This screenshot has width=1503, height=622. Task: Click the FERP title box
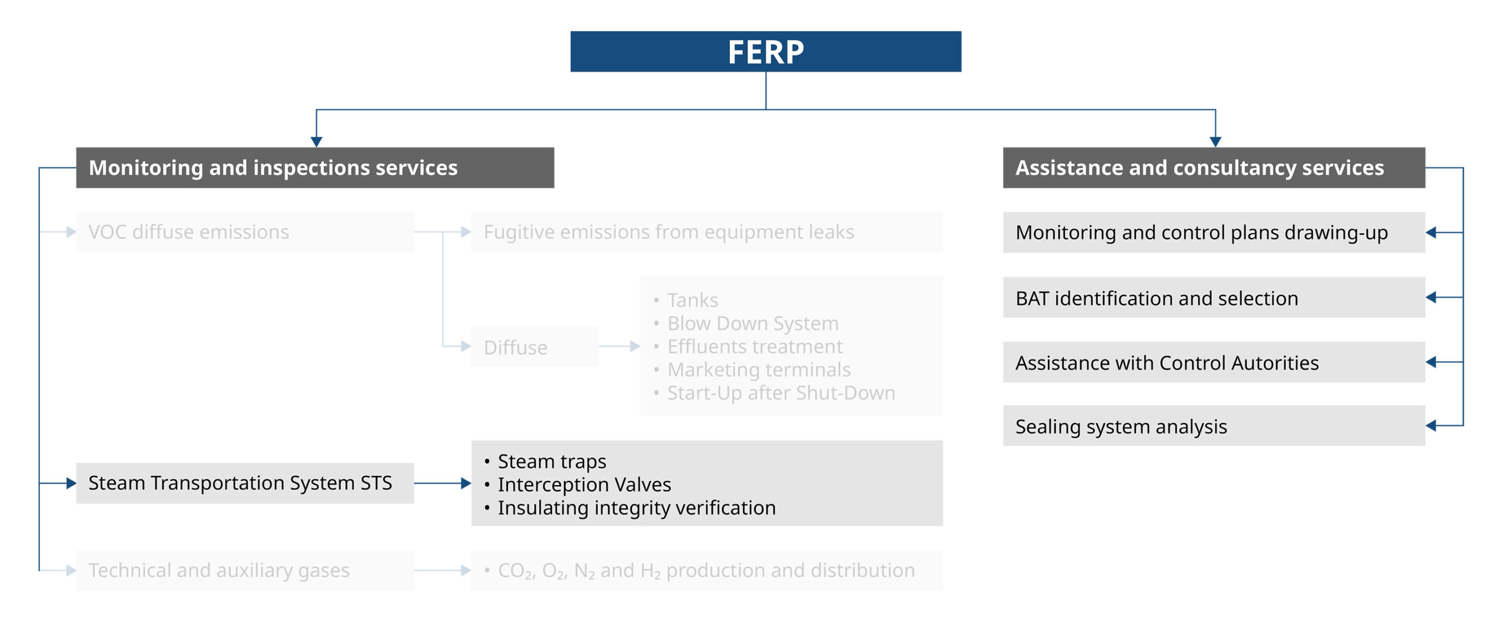point(765,52)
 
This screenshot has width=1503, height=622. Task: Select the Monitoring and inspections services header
point(315,168)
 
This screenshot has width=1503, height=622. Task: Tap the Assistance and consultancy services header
point(1214,168)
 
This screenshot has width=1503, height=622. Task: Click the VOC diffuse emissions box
point(245,232)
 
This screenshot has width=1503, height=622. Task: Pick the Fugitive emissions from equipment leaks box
point(706,232)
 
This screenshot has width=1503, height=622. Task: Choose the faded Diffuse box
point(534,347)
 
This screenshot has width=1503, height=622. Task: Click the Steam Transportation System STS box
point(245,483)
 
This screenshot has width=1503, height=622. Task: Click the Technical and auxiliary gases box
point(245,570)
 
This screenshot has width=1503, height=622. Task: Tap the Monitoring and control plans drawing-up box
point(1214,233)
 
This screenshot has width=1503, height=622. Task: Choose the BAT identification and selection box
point(1214,297)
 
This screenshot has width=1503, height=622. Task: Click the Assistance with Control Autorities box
point(1214,362)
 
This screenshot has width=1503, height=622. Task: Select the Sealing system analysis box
point(1214,425)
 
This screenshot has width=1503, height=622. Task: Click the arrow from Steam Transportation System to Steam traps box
point(443,483)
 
